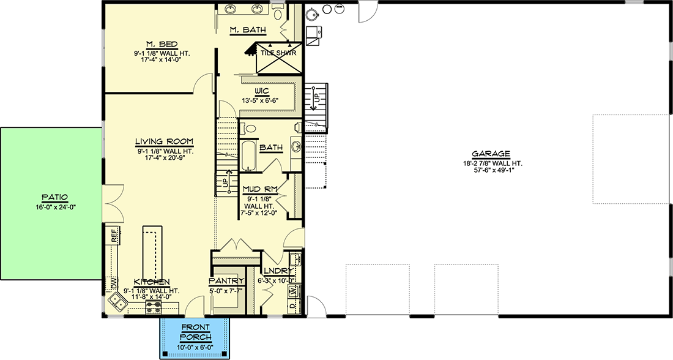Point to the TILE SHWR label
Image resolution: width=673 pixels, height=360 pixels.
point(278,53)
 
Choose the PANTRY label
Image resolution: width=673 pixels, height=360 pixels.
point(226,280)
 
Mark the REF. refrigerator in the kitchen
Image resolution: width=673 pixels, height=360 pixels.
point(114,236)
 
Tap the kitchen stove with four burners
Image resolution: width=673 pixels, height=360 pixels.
point(153,305)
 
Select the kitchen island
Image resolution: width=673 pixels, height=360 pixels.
point(151,248)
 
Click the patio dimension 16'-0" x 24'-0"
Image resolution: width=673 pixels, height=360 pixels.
point(54,207)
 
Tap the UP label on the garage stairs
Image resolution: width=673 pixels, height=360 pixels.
point(316,97)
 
